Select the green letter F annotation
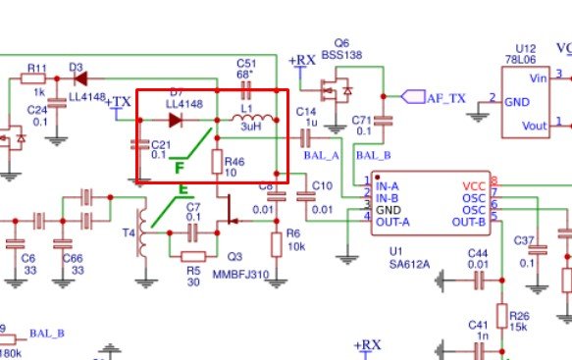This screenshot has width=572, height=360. click(180, 168)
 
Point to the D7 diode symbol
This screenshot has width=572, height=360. click(178, 121)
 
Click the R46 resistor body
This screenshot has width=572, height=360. click(218, 163)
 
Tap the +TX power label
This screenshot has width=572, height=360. click(117, 102)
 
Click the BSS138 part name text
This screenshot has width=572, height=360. click(340, 57)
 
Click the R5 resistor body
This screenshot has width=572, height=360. click(192, 255)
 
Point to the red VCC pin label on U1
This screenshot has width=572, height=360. click(473, 184)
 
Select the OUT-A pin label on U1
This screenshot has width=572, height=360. click(391, 222)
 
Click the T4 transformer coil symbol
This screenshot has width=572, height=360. click(146, 233)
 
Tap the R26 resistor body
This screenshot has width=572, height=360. click(501, 316)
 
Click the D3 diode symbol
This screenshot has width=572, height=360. click(80, 77)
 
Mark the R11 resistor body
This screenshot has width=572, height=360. click(35, 78)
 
